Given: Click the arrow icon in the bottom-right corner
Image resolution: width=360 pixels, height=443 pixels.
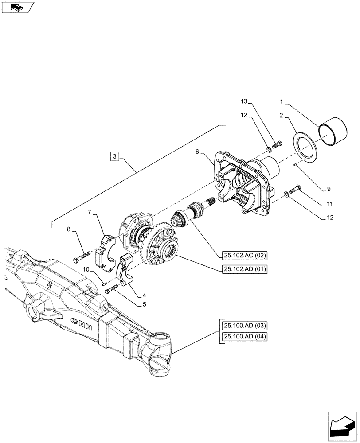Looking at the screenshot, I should pyautogui.click(x=341, y=424).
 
